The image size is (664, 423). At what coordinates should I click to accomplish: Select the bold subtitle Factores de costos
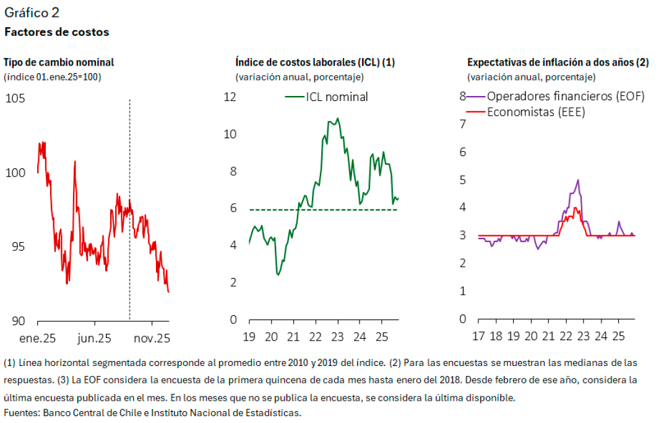(x=57, y=32)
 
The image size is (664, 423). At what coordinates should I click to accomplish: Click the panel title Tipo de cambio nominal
(x=59, y=62)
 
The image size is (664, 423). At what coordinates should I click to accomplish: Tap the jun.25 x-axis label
(x=95, y=338)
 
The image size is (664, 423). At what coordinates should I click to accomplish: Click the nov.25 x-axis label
(x=152, y=338)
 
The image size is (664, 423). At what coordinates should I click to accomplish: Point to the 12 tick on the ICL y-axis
(x=230, y=97)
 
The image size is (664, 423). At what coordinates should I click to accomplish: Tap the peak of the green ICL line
(x=337, y=118)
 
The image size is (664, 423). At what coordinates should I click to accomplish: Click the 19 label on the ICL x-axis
(x=249, y=337)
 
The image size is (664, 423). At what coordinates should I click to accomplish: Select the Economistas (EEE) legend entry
(x=536, y=112)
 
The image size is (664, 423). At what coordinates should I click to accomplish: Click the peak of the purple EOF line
(x=577, y=180)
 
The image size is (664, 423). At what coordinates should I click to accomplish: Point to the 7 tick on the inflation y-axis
(x=462, y=124)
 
